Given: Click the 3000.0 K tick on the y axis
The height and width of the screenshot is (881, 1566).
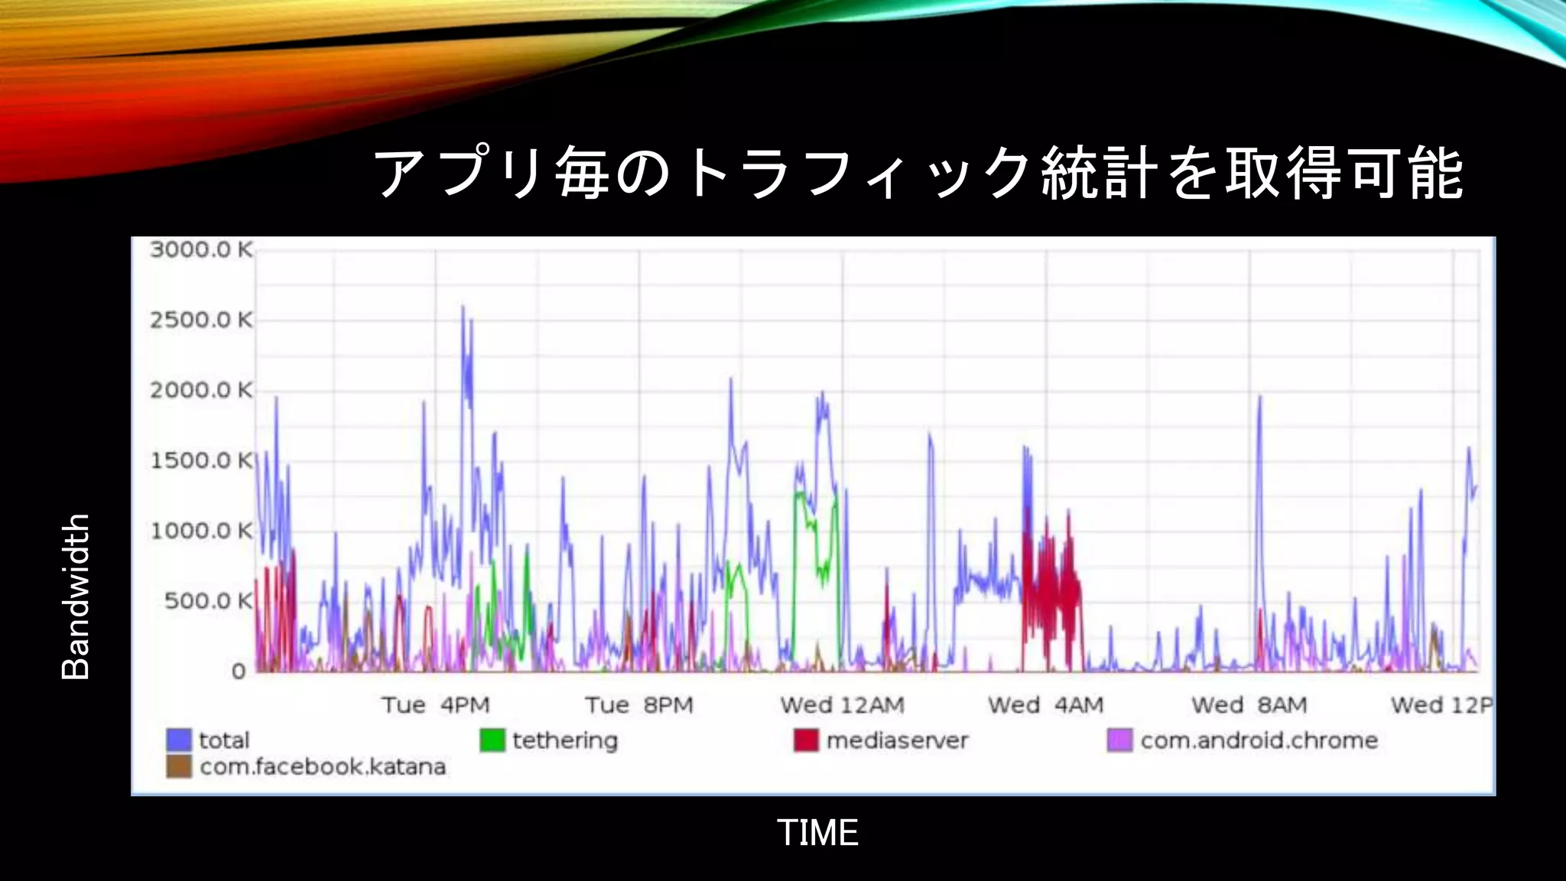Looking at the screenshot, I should click(201, 249).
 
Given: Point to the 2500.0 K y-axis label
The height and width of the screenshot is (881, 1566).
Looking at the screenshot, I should click(201, 320).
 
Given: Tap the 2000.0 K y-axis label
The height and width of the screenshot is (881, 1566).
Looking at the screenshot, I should click(201, 390).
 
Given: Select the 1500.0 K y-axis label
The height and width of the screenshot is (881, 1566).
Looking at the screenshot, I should click(201, 460).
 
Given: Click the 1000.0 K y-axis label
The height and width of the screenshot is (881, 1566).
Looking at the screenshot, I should click(201, 531).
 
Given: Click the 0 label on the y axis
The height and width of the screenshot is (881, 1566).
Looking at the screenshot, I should click(239, 671).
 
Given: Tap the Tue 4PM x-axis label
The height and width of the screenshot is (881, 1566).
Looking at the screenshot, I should click(435, 704).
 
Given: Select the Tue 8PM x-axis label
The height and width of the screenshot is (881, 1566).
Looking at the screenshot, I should click(639, 704).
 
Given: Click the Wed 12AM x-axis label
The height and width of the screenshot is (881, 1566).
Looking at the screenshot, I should click(842, 704).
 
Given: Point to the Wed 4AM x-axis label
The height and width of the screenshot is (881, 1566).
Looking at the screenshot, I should click(1045, 704).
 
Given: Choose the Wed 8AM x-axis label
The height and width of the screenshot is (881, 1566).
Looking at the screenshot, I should click(1249, 704).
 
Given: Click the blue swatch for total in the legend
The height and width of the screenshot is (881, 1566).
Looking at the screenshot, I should click(179, 740).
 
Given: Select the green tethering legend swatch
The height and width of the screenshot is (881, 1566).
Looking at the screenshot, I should click(492, 740).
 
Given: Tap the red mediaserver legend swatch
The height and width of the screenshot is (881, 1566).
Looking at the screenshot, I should click(806, 740).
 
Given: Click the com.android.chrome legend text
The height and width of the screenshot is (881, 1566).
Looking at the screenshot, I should click(1259, 740).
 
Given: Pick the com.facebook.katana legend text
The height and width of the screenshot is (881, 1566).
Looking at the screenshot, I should click(323, 766).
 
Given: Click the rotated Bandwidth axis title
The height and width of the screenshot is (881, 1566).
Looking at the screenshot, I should click(76, 597).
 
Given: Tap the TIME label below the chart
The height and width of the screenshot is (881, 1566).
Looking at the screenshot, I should click(817, 832).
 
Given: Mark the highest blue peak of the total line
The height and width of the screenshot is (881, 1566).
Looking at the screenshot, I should click(463, 307).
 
